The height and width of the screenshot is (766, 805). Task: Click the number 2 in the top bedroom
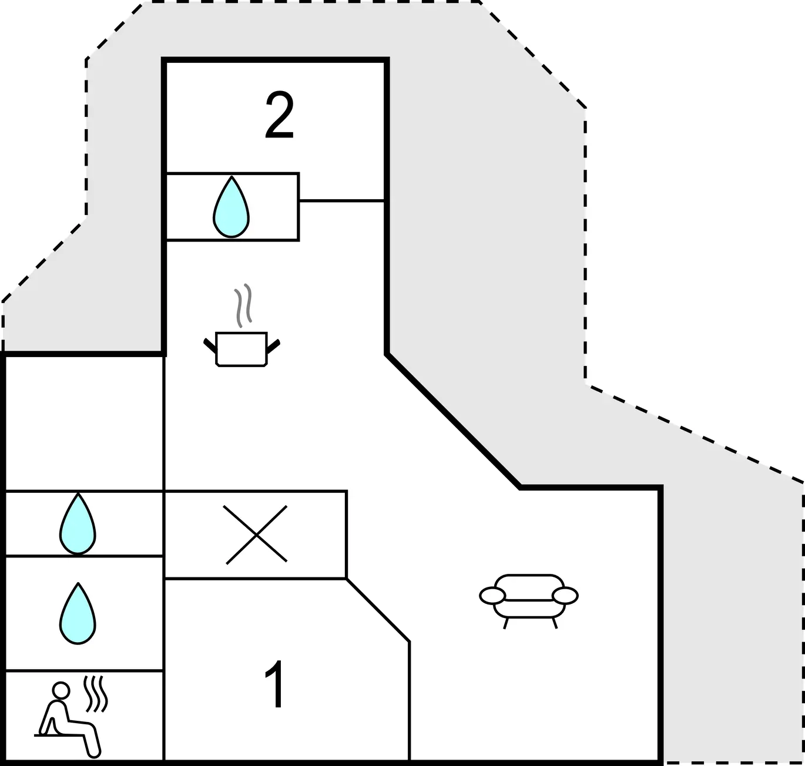click(x=280, y=116)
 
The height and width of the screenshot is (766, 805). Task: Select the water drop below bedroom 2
click(x=232, y=207)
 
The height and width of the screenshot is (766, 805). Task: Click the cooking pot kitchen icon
click(x=241, y=349)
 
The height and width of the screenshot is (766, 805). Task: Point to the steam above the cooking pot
click(x=243, y=305)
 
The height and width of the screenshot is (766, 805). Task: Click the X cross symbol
click(x=256, y=535)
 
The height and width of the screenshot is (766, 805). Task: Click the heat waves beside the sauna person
click(x=95, y=694)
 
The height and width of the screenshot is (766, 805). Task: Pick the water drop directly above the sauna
click(x=78, y=614)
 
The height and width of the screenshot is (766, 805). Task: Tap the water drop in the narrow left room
click(x=78, y=523)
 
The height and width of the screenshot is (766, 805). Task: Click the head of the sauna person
click(x=61, y=690)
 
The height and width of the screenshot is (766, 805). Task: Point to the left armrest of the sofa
click(x=492, y=596)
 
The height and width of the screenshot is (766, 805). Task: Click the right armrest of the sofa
click(x=565, y=596)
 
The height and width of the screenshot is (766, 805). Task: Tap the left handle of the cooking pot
click(x=210, y=345)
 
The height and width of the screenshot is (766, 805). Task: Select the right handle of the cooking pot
click(x=273, y=346)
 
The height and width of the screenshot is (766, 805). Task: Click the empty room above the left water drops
click(x=84, y=423)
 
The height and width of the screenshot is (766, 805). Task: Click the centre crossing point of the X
click(x=256, y=535)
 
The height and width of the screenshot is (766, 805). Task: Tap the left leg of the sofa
click(x=506, y=623)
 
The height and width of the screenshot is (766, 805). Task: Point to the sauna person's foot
click(x=94, y=752)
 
